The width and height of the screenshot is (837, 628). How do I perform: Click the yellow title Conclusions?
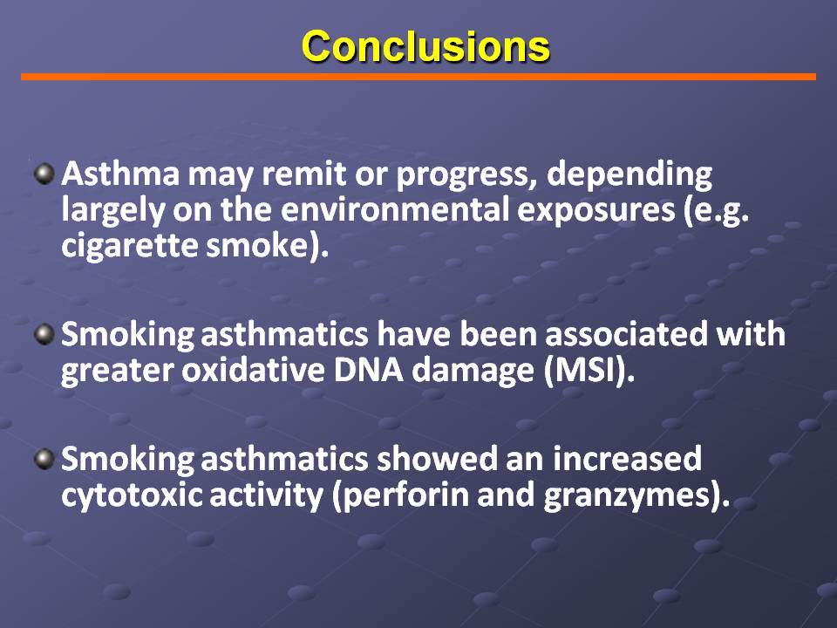pyautogui.click(x=425, y=46)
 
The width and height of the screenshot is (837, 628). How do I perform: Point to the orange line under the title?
pyautogui.click(x=418, y=77)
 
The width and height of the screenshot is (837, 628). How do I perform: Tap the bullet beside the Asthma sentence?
pyautogui.click(x=44, y=174)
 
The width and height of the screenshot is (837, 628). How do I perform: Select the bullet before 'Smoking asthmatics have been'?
pyautogui.click(x=44, y=335)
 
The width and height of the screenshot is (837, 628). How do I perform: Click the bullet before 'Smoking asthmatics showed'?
pyautogui.click(x=44, y=460)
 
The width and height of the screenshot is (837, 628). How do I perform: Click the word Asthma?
pyautogui.click(x=120, y=174)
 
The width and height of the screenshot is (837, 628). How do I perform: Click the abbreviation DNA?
pyautogui.click(x=368, y=370)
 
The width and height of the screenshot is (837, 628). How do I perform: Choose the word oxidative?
pyautogui.click(x=253, y=370)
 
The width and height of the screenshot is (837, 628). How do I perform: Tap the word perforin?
pyautogui.click(x=405, y=495)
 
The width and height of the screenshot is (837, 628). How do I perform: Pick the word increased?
pyautogui.click(x=627, y=459)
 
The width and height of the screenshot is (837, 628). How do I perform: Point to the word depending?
pyautogui.click(x=629, y=174)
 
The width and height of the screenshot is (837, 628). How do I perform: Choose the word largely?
pyautogui.click(x=112, y=210)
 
